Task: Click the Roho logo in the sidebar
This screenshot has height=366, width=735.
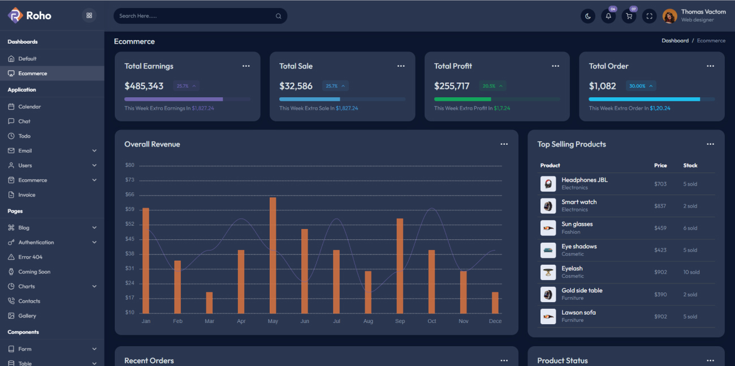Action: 29,16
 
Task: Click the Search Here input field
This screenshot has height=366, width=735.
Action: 195,16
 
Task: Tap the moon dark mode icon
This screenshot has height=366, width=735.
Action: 588,16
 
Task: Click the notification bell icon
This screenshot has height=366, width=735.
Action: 608,16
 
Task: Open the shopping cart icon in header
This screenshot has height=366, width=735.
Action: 629,16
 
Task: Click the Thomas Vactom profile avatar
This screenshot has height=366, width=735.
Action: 670,16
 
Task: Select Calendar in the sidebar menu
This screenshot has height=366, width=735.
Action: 29,107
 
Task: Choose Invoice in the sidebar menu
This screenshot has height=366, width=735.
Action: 27,195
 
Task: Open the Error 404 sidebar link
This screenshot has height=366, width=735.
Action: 30,257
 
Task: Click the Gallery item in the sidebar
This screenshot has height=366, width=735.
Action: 27,316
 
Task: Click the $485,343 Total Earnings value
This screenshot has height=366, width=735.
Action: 144,86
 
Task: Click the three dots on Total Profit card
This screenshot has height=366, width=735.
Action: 555,66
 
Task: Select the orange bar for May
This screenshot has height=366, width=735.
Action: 273,255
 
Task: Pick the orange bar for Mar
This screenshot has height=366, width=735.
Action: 209,303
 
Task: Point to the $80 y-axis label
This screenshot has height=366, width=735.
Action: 129,165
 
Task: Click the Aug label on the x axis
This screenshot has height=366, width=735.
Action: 368,321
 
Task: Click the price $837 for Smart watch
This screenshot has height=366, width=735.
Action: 660,206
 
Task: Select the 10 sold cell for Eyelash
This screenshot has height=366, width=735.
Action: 691,273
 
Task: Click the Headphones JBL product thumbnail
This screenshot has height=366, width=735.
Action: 548,184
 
